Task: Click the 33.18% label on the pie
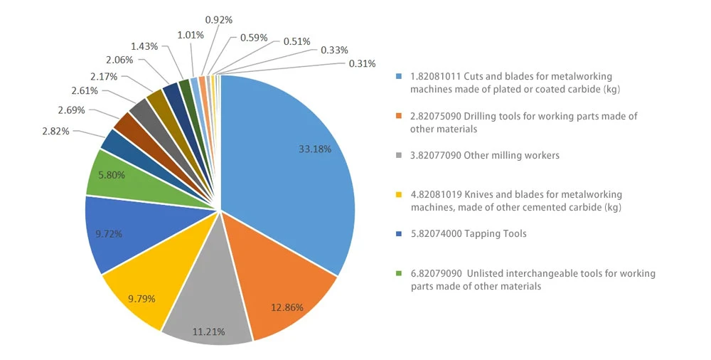[x=315, y=149]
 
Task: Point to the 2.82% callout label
[x=55, y=132]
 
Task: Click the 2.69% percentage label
[x=71, y=110]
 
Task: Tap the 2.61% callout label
[x=85, y=91]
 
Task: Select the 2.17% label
[x=104, y=77]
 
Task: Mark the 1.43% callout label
[x=144, y=46]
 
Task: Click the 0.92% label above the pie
[x=218, y=20]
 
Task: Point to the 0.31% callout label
[x=362, y=64]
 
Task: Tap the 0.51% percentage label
[x=297, y=42]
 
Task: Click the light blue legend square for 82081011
[x=399, y=77]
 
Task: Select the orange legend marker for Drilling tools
[x=399, y=116]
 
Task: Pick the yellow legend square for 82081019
[x=399, y=195]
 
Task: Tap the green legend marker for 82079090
[x=399, y=273]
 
